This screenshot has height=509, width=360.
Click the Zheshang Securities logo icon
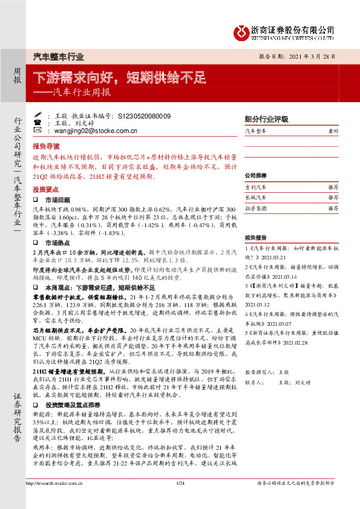pyautogui.click(x=242, y=31)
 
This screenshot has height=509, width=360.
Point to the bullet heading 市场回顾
pyautogui.click(x=59, y=199)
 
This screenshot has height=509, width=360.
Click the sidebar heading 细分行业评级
pyautogui.click(x=266, y=119)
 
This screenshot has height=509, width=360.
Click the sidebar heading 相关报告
pyautogui.click(x=255, y=237)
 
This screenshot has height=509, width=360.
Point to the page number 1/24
pyautogui.click(x=179, y=483)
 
